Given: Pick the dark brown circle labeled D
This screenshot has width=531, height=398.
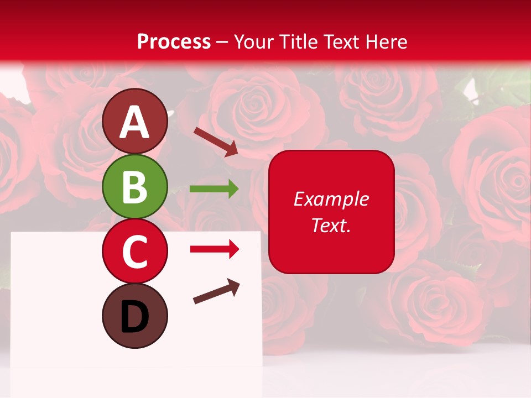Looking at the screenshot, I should click(134, 316).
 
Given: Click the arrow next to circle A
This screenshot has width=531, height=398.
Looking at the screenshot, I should click(216, 142).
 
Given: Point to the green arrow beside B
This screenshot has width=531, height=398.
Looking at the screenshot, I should click(214, 189).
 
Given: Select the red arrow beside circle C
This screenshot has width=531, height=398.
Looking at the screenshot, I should click(215, 250).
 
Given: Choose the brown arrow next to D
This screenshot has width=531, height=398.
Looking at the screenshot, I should click(217, 292).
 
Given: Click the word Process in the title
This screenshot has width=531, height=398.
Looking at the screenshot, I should click(174, 42).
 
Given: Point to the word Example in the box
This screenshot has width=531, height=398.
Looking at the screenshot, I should click(331, 199).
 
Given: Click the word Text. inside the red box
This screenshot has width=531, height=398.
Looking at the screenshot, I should click(331, 226).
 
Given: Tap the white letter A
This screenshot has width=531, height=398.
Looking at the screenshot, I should click(134, 122).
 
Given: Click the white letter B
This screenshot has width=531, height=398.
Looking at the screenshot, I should click(134, 187).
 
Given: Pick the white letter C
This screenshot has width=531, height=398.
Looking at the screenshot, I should click(134, 252).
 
